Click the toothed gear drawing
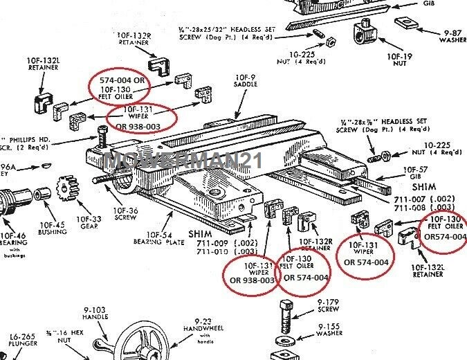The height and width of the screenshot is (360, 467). pos(68,187)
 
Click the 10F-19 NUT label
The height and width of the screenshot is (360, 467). pos(400,61)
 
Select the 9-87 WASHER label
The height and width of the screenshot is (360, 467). pos(445,36)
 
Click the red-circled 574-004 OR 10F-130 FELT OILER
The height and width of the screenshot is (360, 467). pos(118,85)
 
